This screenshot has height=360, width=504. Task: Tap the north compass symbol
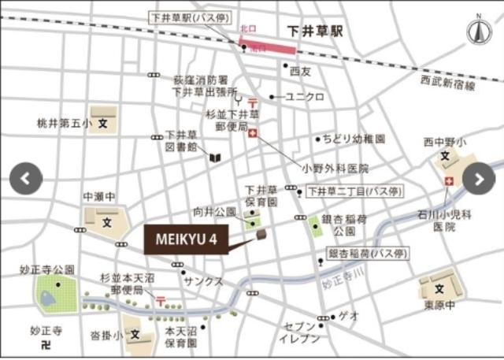click(x=477, y=32)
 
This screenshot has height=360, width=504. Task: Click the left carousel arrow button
click(x=26, y=178)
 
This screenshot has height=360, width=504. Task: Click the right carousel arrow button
click(x=477, y=178)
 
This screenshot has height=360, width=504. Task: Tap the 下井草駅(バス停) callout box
click(x=198, y=17)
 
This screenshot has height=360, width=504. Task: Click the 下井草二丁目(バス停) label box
click(x=354, y=191)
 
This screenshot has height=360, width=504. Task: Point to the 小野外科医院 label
click(x=335, y=168)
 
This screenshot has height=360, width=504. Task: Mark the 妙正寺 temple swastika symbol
click(x=46, y=345)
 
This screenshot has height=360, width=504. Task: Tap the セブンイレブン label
click(x=300, y=332)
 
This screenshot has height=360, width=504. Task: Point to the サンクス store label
click(x=202, y=281)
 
